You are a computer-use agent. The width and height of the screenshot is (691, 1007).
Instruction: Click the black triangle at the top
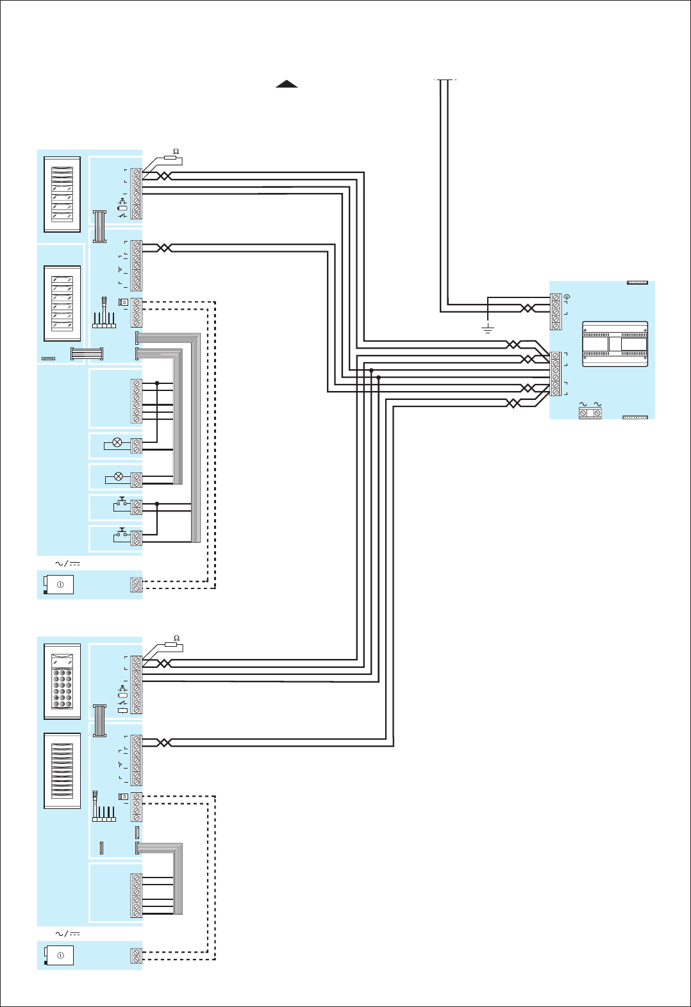[287, 84]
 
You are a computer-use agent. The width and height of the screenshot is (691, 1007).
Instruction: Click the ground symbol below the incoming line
[488, 329]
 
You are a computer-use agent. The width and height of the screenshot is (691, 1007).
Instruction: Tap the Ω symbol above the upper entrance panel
[176, 152]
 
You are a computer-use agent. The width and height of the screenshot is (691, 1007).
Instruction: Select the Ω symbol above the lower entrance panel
[176, 638]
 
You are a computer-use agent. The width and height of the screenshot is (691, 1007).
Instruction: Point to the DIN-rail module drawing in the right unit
[615, 344]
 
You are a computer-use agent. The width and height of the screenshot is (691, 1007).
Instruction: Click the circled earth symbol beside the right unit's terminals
[567, 298]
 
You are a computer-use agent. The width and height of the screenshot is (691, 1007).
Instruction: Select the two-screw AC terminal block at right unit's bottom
[590, 413]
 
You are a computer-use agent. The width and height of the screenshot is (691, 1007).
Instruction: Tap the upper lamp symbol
[117, 442]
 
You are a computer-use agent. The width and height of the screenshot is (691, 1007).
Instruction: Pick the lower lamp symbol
[118, 476]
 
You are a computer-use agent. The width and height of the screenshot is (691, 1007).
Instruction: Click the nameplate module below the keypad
[62, 770]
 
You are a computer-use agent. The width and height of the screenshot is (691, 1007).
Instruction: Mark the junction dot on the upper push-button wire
[157, 504]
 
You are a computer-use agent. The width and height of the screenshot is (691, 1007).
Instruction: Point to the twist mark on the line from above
[528, 308]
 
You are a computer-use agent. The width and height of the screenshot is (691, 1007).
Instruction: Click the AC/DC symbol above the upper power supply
[67, 563]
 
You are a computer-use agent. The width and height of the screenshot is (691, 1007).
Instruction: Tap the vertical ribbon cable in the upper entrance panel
[99, 226]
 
